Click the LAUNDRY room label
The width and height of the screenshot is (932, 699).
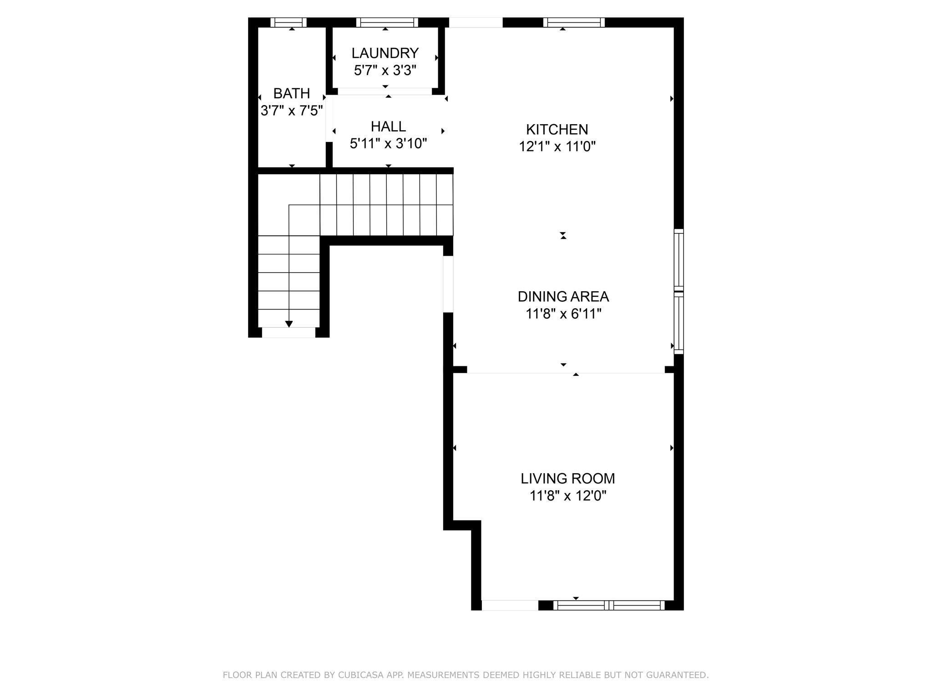click(385, 53)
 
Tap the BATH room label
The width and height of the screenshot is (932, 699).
click(292, 93)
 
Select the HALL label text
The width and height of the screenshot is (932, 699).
click(388, 126)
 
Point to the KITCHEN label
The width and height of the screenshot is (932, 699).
click(557, 129)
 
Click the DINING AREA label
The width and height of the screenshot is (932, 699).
click(563, 296)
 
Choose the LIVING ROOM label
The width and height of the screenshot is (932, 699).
click(568, 478)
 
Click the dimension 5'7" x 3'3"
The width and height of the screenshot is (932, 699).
click(385, 71)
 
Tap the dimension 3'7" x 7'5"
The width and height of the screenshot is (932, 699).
click(292, 111)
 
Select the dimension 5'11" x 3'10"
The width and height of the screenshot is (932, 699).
click(388, 144)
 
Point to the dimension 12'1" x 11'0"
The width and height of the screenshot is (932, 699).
click(557, 147)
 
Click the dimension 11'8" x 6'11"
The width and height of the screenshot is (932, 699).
click(564, 314)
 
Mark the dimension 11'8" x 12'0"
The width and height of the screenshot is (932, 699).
click(568, 496)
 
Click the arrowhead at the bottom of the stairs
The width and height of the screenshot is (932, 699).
click(289, 324)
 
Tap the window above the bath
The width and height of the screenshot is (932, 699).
click(289, 22)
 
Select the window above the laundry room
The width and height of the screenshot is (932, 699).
click(387, 22)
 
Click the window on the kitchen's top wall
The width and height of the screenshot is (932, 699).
click(574, 22)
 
